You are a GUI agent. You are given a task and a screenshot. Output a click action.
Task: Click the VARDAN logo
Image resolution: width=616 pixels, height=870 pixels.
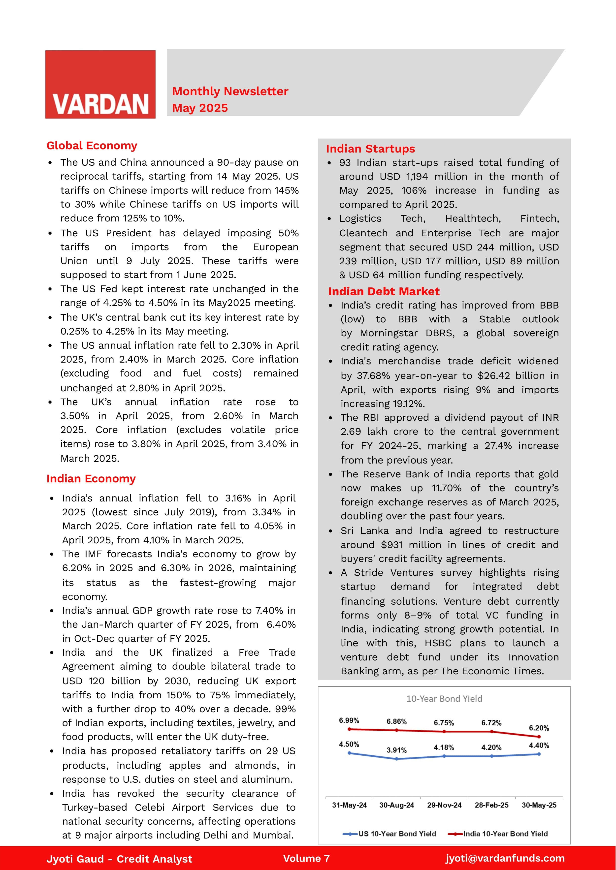100,85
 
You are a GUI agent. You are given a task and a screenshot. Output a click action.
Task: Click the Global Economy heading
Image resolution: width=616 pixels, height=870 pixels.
92,146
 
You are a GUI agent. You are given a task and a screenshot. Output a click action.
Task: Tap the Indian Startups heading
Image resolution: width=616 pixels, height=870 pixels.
371,149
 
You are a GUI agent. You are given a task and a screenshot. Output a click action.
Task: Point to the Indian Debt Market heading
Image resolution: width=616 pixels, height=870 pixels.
384,291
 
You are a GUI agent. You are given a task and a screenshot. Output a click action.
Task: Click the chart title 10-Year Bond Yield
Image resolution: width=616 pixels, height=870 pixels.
444,699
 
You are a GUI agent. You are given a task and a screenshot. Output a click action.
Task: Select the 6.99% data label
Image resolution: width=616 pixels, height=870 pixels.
349,720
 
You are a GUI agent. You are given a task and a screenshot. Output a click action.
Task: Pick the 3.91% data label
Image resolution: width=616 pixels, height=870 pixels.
396,750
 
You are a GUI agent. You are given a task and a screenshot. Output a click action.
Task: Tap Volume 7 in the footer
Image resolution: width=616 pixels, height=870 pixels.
306,858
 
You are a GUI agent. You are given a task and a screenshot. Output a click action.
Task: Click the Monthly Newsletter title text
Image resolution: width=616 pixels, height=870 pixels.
230,91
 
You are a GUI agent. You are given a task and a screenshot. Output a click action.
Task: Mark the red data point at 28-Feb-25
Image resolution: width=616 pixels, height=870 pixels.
492,732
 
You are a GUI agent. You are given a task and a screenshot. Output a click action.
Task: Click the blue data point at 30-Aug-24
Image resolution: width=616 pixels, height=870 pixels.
397,759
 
